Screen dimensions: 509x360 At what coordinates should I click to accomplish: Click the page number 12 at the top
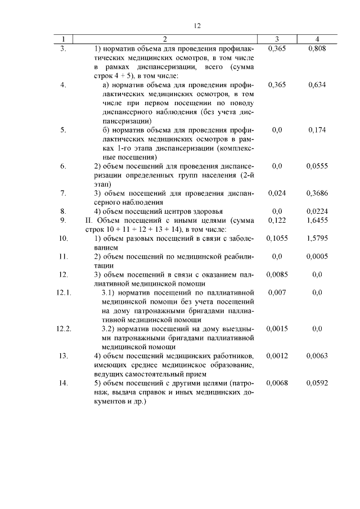(x=197, y=25)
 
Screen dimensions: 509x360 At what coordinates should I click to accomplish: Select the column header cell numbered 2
(x=165, y=39)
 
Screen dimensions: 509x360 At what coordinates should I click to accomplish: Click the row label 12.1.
(x=64, y=292)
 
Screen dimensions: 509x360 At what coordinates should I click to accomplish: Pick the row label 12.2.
(x=64, y=328)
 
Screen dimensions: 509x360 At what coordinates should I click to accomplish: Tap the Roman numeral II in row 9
(x=81, y=220)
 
